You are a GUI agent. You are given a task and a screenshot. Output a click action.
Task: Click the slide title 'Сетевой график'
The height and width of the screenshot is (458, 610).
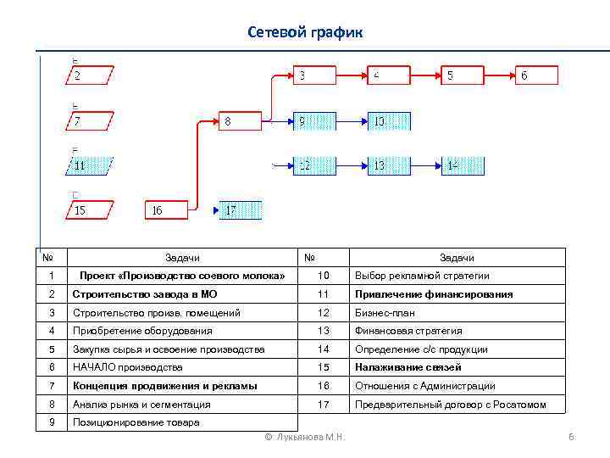[x=305, y=32]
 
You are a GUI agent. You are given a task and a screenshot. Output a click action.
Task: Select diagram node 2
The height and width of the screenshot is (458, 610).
[x=91, y=75]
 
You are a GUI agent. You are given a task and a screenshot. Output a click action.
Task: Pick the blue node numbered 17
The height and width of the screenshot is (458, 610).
[x=241, y=210]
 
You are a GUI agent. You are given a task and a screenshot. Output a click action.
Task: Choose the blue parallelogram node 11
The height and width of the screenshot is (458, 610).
[x=91, y=165]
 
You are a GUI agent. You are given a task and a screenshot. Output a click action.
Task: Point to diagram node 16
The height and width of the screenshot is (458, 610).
[x=166, y=210]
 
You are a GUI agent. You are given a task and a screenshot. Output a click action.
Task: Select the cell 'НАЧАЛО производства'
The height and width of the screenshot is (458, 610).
[x=127, y=367]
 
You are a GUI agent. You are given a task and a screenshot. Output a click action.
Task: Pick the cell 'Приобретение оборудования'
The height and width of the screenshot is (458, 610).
[x=142, y=331]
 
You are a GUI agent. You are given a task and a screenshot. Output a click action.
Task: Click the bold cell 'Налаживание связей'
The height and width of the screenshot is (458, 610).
[x=408, y=367]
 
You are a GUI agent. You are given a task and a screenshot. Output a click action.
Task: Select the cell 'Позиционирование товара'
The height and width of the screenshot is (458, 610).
[x=136, y=422]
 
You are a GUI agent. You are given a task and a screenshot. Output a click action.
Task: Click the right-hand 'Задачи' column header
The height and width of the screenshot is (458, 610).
[x=456, y=258]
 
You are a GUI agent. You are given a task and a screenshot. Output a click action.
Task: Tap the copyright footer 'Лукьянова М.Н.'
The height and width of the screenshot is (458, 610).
[x=304, y=437]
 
